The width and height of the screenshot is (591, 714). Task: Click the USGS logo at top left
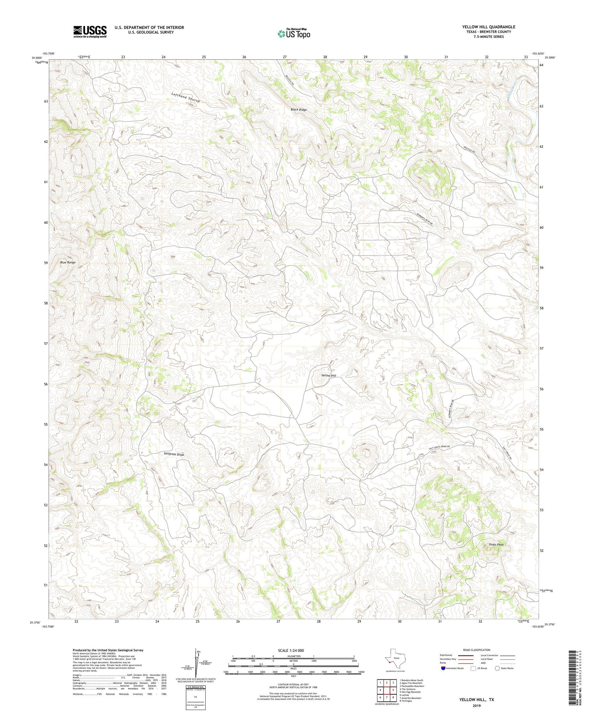[90, 32]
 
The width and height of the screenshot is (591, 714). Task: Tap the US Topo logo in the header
[294, 34]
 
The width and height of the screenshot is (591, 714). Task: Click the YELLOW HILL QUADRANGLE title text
[489, 27]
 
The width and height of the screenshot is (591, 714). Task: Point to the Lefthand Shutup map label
[186, 97]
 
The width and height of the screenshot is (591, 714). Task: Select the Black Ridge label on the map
[299, 109]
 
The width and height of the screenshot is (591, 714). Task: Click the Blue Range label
[67, 262]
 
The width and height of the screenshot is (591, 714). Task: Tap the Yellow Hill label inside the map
[329, 376]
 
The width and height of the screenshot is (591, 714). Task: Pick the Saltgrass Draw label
[174, 454]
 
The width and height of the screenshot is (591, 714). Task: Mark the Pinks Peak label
[496, 545]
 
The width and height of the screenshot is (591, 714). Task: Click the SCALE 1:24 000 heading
[291, 650]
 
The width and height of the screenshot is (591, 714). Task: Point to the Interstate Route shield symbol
[443, 668]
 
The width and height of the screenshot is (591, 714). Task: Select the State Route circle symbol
[498, 668]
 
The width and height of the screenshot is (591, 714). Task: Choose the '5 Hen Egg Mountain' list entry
[410, 692]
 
